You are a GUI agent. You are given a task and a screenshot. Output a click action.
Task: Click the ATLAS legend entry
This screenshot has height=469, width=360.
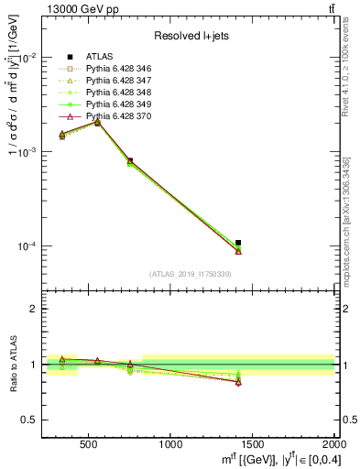point(100,56)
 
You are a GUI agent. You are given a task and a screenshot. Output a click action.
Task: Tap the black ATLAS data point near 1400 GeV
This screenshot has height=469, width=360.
point(238,243)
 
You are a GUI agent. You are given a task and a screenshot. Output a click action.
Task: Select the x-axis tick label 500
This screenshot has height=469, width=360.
point(89,442)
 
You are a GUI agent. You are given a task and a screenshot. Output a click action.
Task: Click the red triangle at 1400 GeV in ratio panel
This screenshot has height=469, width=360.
point(238,382)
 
